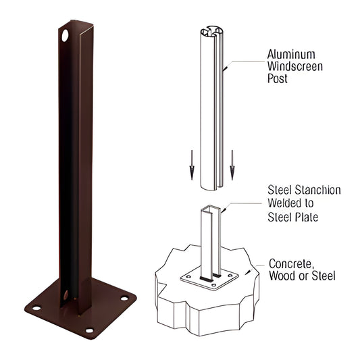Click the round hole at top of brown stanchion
coord(66,32)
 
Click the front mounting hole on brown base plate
coord(88,331)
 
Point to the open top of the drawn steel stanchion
coord(210,210)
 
